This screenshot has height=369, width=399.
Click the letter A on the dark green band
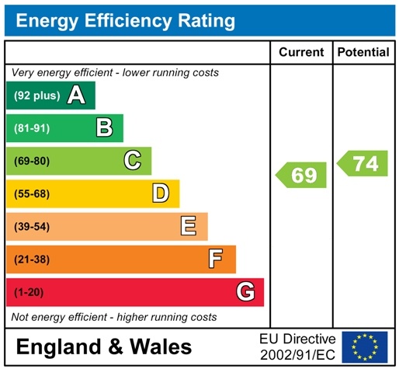(76, 96)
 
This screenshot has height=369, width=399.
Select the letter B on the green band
(104, 128)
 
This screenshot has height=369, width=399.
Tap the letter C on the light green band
(133, 161)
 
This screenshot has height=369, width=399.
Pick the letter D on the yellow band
(160, 193)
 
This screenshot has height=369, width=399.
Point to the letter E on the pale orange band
(188, 226)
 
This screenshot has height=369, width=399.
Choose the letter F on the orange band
(216, 259)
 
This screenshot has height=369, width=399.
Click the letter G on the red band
(245, 292)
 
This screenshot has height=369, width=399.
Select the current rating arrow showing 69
(302, 175)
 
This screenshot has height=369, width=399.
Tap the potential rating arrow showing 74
(363, 164)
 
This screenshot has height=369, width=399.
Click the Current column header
(301, 52)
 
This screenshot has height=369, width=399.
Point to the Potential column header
(363, 52)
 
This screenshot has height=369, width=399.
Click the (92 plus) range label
(36, 96)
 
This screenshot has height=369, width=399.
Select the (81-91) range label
(32, 128)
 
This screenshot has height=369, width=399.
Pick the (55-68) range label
(32, 193)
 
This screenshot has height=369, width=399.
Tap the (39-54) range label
(32, 226)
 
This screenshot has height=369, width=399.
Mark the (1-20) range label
(29, 292)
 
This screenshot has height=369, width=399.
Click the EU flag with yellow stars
(364, 346)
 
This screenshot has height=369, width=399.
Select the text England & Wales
(103, 346)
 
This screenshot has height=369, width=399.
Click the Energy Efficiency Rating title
(125, 21)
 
